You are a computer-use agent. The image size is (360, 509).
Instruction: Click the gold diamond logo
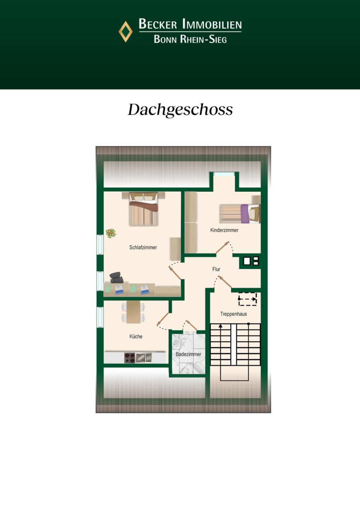tap(126, 32)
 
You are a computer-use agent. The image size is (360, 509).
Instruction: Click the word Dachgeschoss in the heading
tap(180, 110)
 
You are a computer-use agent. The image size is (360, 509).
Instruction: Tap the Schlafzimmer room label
tap(143, 247)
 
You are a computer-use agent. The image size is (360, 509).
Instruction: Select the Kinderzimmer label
tap(225, 230)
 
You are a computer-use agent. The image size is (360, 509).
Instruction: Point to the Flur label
tap(216, 269)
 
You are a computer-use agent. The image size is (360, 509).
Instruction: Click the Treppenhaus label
tap(233, 314)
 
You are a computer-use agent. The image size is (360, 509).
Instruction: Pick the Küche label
tap(136, 337)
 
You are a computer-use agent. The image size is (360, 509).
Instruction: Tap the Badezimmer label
tap(188, 354)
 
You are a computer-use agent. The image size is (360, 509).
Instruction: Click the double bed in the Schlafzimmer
tap(143, 209)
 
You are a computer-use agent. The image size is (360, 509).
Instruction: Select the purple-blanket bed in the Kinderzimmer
tap(240, 213)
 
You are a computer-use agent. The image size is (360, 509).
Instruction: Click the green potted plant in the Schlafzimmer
tap(111, 233)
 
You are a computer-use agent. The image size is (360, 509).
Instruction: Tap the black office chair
tap(116, 277)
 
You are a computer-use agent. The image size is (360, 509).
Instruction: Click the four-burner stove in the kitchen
tap(129, 358)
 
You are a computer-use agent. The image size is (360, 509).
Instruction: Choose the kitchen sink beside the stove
tap(144, 358)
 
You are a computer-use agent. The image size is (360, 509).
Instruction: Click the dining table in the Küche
tap(134, 312)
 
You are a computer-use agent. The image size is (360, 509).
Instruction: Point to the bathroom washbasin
tap(177, 343)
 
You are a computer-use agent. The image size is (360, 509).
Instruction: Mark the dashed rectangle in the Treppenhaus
tap(247, 299)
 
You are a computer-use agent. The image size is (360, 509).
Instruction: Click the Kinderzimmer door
tap(223, 247)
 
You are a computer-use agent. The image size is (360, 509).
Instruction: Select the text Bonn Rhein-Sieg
tap(190, 39)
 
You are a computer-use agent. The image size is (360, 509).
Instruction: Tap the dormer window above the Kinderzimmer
tap(224, 174)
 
